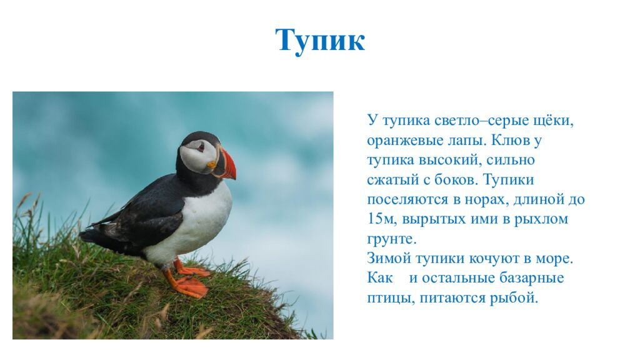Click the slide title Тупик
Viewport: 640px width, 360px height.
[319, 41]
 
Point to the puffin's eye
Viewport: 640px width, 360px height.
[200, 147]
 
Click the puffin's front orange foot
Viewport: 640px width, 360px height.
[191, 287]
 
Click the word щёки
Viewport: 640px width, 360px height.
[552, 120]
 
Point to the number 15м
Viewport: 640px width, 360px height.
[381, 219]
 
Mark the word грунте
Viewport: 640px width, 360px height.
[391, 239]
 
